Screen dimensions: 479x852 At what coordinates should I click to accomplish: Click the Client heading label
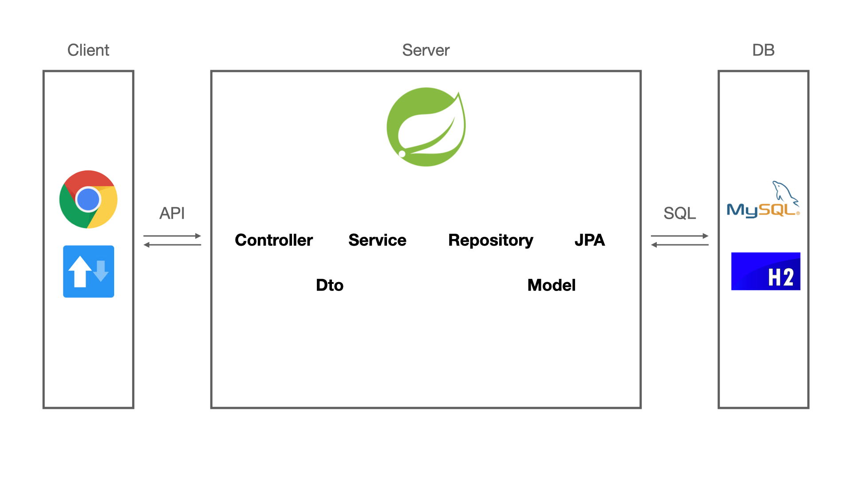(x=88, y=50)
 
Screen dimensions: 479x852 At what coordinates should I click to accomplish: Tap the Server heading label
(x=426, y=50)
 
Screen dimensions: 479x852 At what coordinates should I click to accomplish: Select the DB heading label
(x=763, y=50)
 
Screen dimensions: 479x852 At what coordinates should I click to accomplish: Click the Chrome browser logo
(x=88, y=200)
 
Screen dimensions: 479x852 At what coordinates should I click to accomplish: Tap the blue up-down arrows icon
(x=88, y=271)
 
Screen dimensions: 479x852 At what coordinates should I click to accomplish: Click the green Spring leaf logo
(x=426, y=127)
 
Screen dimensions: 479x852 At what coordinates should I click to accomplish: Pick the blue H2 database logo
(x=765, y=271)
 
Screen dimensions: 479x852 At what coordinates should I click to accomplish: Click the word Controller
(x=274, y=240)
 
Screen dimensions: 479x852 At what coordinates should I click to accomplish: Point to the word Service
(x=377, y=240)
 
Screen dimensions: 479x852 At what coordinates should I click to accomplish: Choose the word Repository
(x=490, y=240)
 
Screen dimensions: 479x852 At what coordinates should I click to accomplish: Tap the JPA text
(x=589, y=240)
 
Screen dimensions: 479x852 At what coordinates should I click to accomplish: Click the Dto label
(x=330, y=285)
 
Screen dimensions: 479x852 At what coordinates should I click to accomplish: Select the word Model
(x=552, y=285)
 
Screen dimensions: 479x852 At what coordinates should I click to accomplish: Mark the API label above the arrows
(x=172, y=213)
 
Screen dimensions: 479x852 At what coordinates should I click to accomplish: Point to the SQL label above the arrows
(x=679, y=213)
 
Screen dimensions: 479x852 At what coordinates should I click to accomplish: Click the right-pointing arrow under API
(x=172, y=236)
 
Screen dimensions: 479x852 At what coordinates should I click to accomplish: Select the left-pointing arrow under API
(x=172, y=245)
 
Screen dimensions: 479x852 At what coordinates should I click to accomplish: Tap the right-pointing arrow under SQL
(x=679, y=236)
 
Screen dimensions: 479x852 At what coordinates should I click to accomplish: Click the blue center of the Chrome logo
(x=88, y=200)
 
